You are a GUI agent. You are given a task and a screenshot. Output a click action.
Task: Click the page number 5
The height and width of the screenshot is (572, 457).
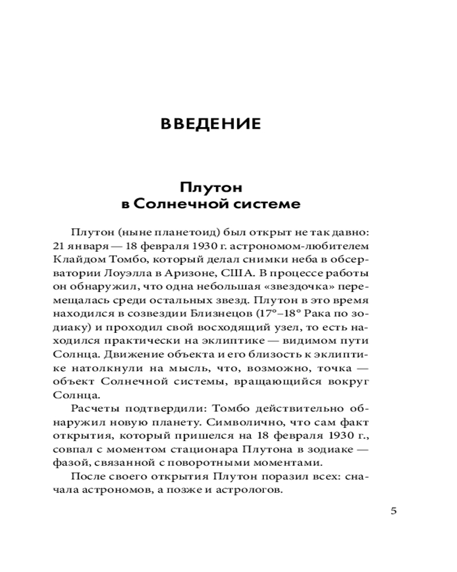394,511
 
